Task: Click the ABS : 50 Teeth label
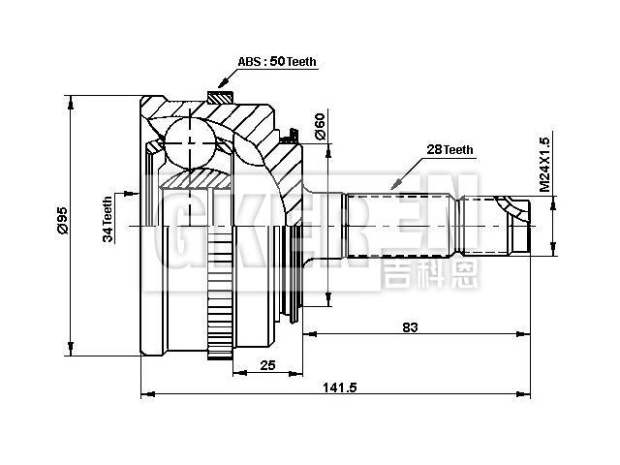click(x=276, y=61)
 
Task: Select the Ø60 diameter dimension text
click(x=319, y=125)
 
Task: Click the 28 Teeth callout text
click(x=449, y=149)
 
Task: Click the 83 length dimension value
click(x=410, y=327)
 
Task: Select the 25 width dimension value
click(x=267, y=364)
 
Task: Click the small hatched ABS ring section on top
click(x=220, y=96)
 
